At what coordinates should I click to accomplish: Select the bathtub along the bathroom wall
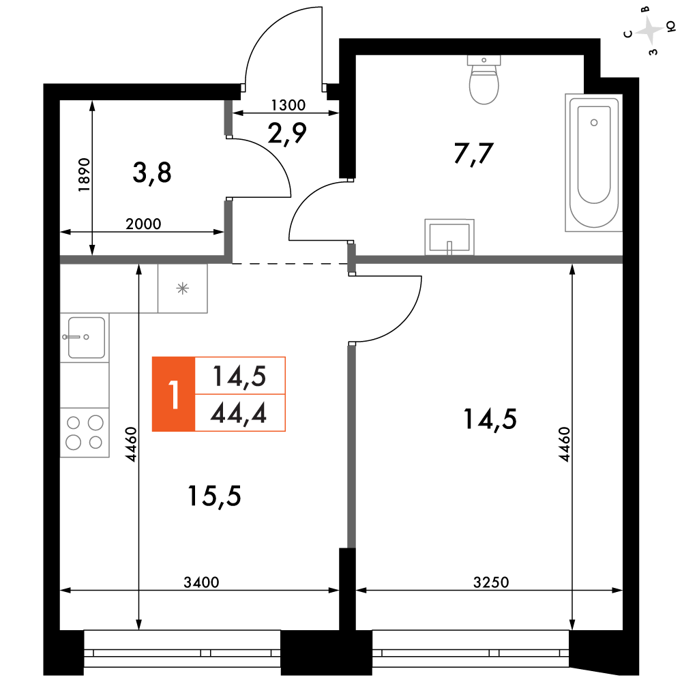594,162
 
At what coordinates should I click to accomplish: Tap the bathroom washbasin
449,237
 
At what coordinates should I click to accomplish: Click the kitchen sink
85,338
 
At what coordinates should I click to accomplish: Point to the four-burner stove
85,432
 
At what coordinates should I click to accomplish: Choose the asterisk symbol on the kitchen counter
183,288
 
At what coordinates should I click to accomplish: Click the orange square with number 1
173,394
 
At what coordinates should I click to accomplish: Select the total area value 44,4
238,413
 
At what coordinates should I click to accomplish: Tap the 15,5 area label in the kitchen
214,496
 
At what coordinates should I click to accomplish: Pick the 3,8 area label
152,173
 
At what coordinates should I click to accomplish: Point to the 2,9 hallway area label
287,133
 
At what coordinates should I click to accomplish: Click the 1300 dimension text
288,105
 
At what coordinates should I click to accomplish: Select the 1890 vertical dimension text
84,175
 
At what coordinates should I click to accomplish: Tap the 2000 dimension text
143,224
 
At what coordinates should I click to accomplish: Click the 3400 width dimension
201,582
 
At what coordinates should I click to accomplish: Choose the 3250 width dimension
491,582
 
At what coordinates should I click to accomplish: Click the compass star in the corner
649,31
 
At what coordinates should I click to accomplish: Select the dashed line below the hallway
290,263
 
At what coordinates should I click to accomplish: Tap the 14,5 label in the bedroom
490,419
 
